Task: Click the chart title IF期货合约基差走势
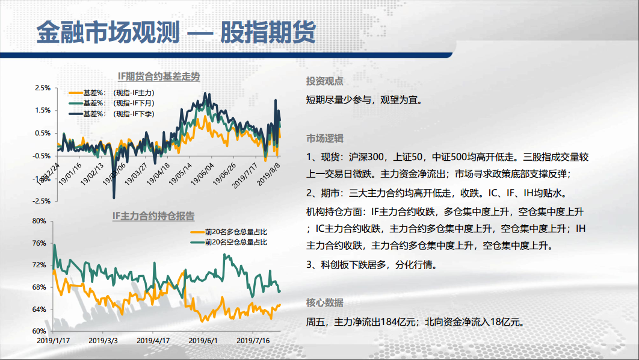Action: coord(158,76)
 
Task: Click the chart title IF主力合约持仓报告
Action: coord(153,216)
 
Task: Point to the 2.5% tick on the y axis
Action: coord(43,88)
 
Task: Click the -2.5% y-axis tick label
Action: coord(42,201)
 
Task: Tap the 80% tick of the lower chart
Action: coord(39,221)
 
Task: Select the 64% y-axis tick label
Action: coord(39,309)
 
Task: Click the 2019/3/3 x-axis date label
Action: coord(103,340)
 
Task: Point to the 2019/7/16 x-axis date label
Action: coord(253,340)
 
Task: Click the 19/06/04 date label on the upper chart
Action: coord(202,174)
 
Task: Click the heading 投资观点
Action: coord(325,81)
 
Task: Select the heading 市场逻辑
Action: coord(325,138)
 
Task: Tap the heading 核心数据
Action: coord(325,303)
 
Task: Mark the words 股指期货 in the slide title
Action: coord(268,32)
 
